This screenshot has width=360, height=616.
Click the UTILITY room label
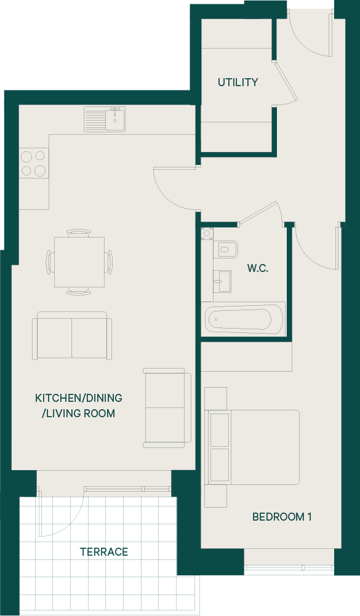238,82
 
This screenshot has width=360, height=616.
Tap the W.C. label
258,268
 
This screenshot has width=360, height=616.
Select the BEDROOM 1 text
282,516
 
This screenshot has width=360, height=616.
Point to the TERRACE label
104,552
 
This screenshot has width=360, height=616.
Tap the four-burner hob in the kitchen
33,164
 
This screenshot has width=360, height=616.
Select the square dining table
79,262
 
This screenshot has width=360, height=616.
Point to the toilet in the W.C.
226,249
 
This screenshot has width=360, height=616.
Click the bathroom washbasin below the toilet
222,281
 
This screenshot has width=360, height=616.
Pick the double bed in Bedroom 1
254,447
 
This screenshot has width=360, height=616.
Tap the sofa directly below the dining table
72,335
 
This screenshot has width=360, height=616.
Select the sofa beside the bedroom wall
167,408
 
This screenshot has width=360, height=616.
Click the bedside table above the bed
216,399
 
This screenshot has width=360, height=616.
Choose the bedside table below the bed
216,496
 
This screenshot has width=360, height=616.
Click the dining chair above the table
79,233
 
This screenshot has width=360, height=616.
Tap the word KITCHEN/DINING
79,398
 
